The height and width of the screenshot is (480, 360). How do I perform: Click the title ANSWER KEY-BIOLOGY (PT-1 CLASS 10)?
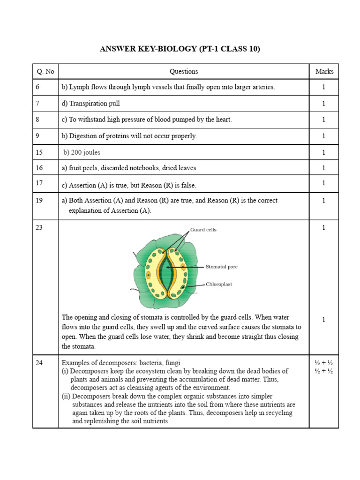(x=180, y=49)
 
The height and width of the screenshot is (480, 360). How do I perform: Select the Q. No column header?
(x=45, y=71)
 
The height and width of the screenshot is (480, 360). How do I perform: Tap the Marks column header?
(x=324, y=71)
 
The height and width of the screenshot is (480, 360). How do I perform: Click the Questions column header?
(x=184, y=71)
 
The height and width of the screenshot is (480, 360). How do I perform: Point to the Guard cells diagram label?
(x=203, y=230)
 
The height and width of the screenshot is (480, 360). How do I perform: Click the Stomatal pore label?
(x=221, y=267)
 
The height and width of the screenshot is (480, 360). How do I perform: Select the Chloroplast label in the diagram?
(x=219, y=284)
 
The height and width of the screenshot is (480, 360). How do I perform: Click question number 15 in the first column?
(x=39, y=152)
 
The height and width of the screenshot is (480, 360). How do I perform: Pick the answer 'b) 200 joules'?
(x=82, y=152)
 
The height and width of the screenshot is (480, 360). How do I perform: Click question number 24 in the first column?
(x=39, y=362)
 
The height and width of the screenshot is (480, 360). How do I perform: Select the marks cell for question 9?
(x=323, y=136)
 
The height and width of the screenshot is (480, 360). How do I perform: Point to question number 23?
(x=39, y=227)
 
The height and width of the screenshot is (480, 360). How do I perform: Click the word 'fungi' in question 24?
(x=172, y=363)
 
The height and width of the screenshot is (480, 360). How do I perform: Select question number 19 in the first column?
(x=39, y=200)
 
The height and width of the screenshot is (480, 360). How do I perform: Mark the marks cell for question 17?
(x=323, y=183)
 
